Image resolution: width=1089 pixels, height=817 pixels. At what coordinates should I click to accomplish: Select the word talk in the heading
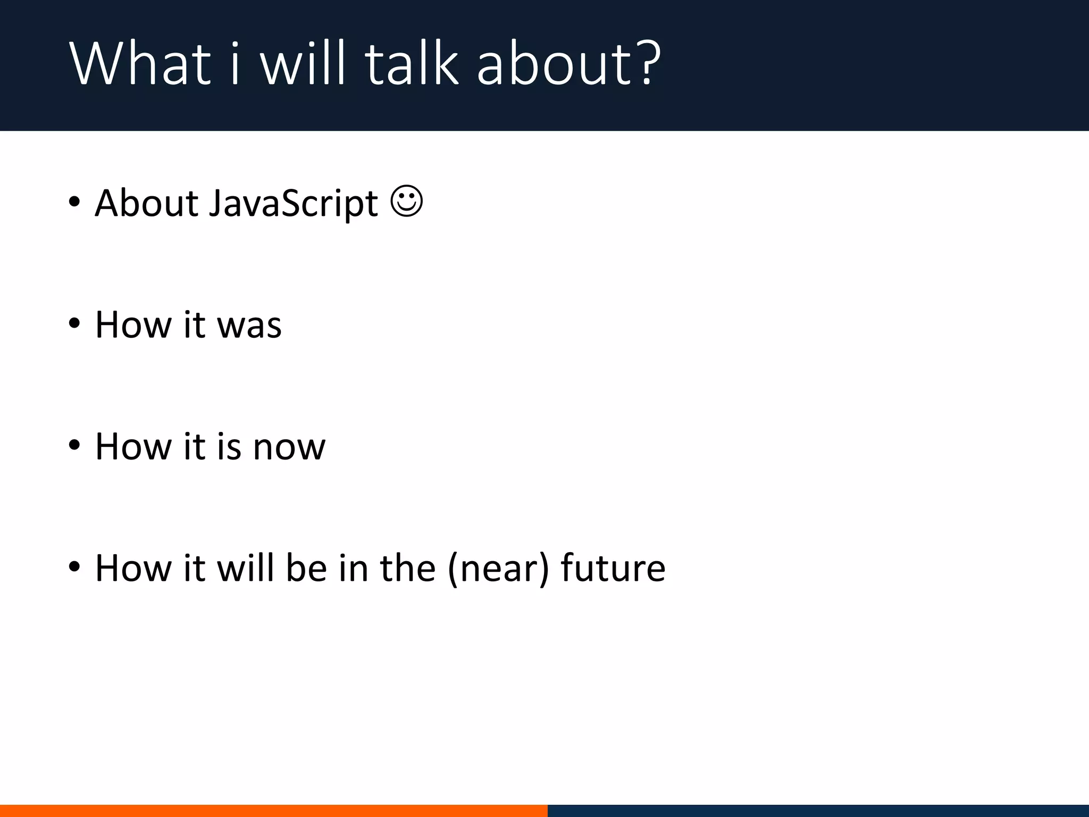point(412,64)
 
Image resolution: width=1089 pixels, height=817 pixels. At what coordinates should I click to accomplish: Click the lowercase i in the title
point(234,64)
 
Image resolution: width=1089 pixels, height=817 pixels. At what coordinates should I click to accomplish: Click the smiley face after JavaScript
point(407,201)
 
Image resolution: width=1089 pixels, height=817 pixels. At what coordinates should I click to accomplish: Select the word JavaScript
point(293,204)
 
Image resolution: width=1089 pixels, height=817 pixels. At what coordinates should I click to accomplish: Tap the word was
point(249,325)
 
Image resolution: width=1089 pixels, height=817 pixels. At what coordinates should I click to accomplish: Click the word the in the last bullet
point(408,568)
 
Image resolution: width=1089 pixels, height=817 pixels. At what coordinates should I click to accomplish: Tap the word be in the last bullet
point(306,568)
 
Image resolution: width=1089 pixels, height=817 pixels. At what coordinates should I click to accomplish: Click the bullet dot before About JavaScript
point(74,202)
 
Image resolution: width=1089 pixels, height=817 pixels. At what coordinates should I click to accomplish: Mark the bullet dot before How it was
point(74,323)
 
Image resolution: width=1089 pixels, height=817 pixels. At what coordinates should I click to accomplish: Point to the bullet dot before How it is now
point(74,445)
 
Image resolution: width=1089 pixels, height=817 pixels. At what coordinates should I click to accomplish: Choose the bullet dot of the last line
point(74,567)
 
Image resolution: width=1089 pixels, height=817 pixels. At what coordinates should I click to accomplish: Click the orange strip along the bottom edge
point(273,811)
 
